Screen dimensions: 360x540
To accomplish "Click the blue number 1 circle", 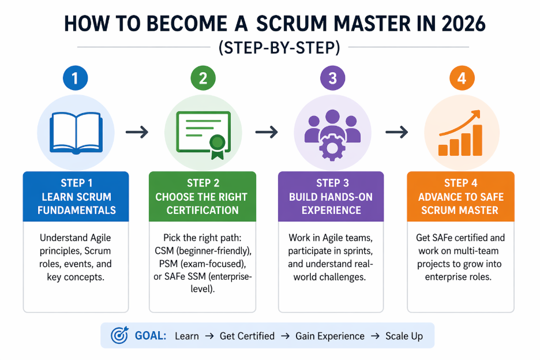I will (x=77, y=78).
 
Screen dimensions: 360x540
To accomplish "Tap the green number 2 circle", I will (x=202, y=78).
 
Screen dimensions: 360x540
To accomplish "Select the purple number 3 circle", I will (x=332, y=78).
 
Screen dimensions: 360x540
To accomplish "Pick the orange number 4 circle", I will (x=461, y=78).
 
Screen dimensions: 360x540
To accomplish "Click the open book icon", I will (x=77, y=132).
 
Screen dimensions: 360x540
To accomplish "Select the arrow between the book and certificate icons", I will (x=137, y=133).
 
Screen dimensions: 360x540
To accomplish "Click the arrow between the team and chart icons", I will (x=397, y=133).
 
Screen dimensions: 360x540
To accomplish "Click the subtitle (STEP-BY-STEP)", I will (x=271, y=48).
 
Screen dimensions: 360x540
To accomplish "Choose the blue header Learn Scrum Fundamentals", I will (x=77, y=196).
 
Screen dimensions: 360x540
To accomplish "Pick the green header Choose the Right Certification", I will (x=202, y=196).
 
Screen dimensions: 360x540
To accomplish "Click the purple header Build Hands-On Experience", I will (x=331, y=196).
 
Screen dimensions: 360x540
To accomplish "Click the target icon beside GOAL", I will (x=119, y=336).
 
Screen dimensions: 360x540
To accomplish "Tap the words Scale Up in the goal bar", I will (x=404, y=336).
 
